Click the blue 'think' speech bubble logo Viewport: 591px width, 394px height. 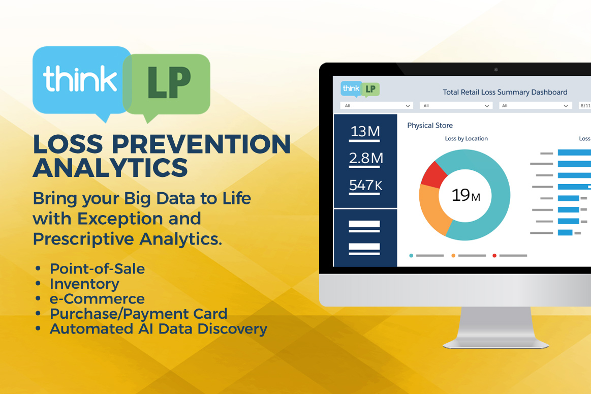(80, 80)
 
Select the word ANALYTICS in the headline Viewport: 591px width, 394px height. (110, 167)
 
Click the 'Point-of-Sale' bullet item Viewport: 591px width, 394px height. (97, 268)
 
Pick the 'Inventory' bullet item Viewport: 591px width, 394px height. (84, 283)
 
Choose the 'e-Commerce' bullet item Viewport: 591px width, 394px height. (97, 298)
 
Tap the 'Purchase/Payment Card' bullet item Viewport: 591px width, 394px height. (138, 313)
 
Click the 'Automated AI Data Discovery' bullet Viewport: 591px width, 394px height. (158, 328)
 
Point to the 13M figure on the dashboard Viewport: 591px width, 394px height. (365, 132)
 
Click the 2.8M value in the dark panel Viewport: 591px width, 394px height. (365, 159)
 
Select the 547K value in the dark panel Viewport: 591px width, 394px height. (365, 185)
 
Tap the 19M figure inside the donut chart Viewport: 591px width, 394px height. (465, 195)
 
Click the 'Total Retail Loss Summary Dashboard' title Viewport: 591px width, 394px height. (505, 92)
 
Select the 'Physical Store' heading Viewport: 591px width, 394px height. (429, 126)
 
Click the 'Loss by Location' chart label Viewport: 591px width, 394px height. (466, 138)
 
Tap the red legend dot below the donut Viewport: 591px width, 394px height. (494, 256)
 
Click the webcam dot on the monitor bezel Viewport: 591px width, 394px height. (496, 70)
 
